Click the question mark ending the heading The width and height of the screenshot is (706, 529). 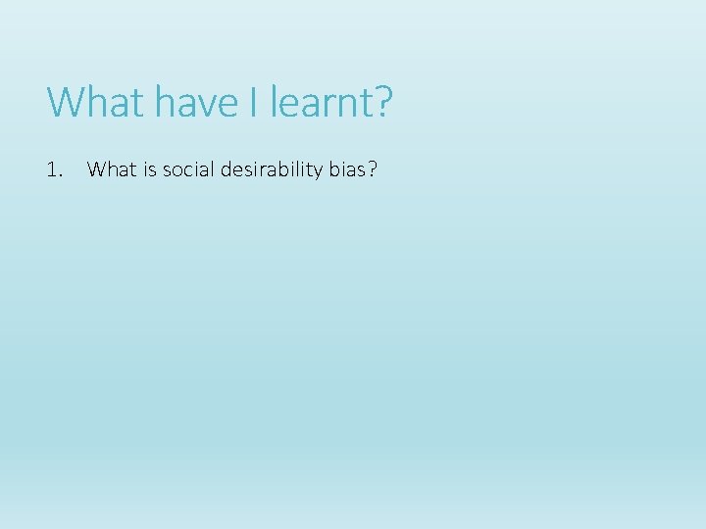(x=381, y=102)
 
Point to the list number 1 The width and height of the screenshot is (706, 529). (x=52, y=169)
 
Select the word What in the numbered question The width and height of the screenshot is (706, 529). (x=109, y=169)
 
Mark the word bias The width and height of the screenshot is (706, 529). (x=345, y=169)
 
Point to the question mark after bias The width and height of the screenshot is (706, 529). (x=371, y=169)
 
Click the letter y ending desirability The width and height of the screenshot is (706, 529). (x=318, y=172)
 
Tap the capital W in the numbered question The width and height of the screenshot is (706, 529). (x=96, y=169)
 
